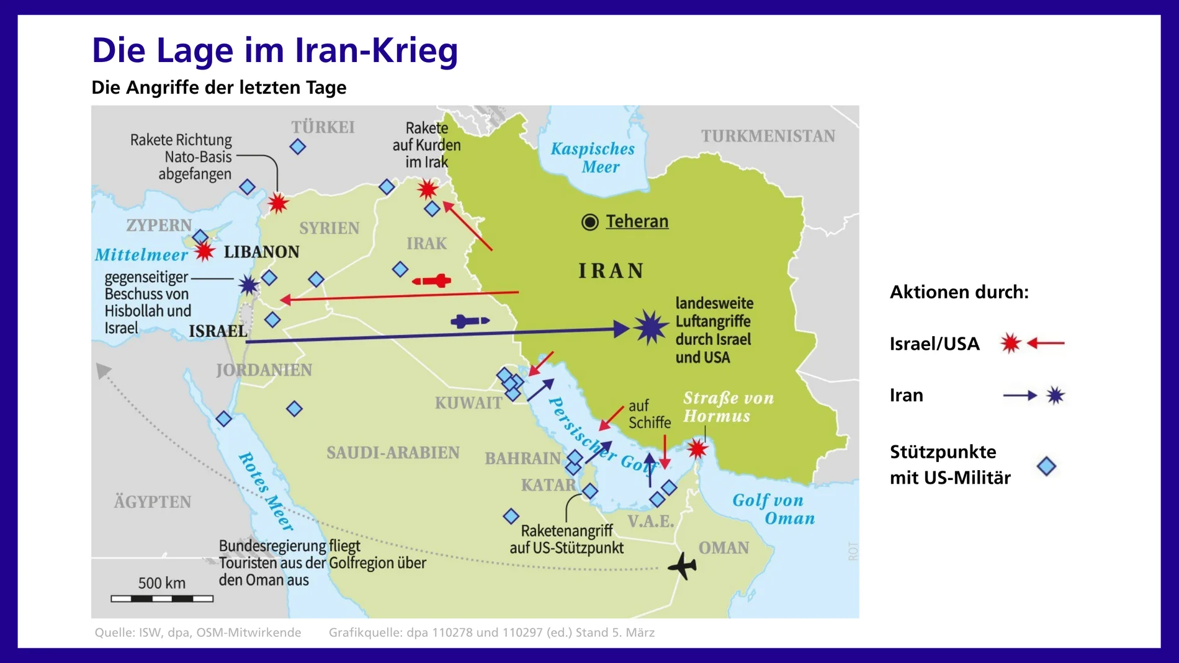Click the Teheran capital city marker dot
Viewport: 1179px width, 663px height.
pyautogui.click(x=589, y=221)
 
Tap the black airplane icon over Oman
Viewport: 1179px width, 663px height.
pyautogui.click(x=683, y=565)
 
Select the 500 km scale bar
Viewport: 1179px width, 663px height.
pyautogui.click(x=162, y=598)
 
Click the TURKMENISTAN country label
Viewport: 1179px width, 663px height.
pyautogui.click(x=768, y=136)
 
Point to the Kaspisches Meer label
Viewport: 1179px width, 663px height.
pyautogui.click(x=593, y=158)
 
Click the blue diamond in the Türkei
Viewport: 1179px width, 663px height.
pyautogui.click(x=298, y=147)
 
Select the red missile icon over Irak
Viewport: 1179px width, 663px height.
pyautogui.click(x=433, y=281)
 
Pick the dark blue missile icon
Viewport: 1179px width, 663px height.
pyautogui.click(x=470, y=321)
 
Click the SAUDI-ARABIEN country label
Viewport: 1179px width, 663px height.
pyautogui.click(x=393, y=453)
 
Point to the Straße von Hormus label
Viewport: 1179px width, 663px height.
pyautogui.click(x=728, y=407)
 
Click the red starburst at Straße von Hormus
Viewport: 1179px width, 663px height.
pyautogui.click(x=697, y=449)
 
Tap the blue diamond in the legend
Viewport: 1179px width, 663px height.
pyautogui.click(x=1046, y=466)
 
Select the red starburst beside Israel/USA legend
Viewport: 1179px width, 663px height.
pyautogui.click(x=1010, y=343)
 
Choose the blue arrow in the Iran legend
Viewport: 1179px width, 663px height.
pyautogui.click(x=1020, y=396)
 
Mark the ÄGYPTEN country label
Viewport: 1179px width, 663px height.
pyautogui.click(x=153, y=502)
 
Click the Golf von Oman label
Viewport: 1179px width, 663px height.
pyautogui.click(x=773, y=509)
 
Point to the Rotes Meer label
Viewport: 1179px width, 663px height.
pyautogui.click(x=266, y=492)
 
